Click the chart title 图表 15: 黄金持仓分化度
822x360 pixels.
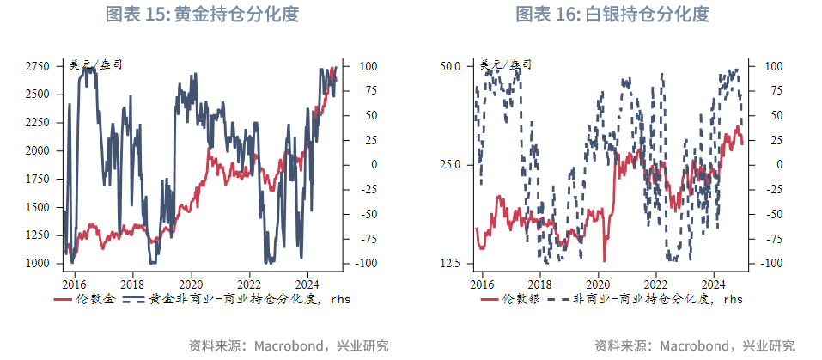click(x=202, y=15)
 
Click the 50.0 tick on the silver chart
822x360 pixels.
click(x=451, y=66)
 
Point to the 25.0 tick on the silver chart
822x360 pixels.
click(x=451, y=165)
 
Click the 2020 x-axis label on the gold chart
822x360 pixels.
click(x=190, y=282)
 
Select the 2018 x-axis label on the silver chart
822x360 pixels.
click(x=539, y=282)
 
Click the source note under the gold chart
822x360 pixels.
click(x=289, y=345)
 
